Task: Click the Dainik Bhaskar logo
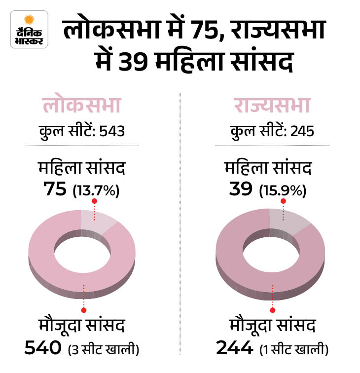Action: pyautogui.click(x=30, y=30)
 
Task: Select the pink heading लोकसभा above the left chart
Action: pyautogui.click(x=82, y=107)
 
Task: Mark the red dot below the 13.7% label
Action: pyautogui.click(x=94, y=202)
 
